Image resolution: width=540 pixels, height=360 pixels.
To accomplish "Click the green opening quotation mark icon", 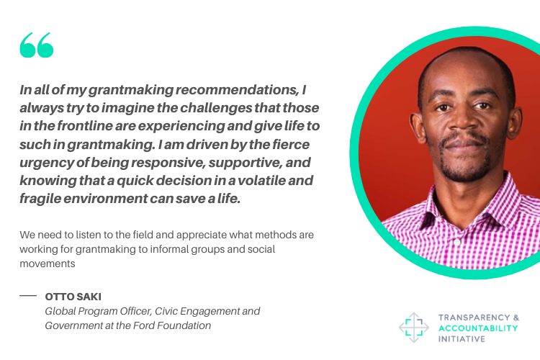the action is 37,45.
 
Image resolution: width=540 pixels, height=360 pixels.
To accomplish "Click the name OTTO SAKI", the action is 73,297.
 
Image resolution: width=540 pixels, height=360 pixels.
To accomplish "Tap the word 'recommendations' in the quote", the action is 238,89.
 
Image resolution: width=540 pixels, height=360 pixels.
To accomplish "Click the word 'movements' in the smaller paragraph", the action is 48,264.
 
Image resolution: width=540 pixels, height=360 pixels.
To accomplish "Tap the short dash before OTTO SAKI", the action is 28,296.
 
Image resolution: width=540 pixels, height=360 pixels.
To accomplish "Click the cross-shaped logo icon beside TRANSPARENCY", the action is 413,328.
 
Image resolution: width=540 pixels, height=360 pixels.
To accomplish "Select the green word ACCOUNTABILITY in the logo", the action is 478,328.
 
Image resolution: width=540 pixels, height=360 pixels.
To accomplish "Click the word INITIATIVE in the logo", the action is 462,339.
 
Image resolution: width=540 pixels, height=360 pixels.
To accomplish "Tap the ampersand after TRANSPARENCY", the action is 516,318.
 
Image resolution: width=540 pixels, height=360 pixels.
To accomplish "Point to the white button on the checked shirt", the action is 457,242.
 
